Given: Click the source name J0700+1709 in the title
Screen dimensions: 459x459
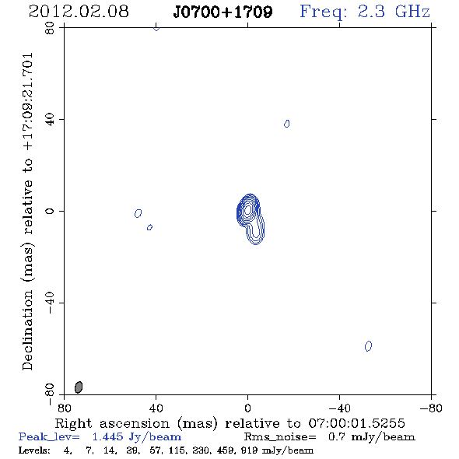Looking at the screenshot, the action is pyautogui.click(x=222, y=12).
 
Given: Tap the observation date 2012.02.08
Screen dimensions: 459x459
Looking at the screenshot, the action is pyautogui.click(x=79, y=12).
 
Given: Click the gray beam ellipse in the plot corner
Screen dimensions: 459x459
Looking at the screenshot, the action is pyautogui.click(x=79, y=387).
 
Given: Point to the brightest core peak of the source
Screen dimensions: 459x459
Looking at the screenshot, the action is pyautogui.click(x=247, y=209).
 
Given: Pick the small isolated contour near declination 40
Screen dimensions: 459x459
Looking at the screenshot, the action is pyautogui.click(x=287, y=124).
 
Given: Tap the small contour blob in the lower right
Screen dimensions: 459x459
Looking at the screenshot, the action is pyautogui.click(x=368, y=346).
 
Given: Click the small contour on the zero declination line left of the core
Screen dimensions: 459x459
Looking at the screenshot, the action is pyautogui.click(x=138, y=213).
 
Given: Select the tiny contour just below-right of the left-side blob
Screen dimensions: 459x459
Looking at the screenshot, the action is pyautogui.click(x=149, y=227).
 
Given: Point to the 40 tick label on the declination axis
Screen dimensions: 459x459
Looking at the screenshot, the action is pyautogui.click(x=50, y=120).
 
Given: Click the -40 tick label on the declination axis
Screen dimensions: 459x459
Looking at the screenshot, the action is pyautogui.click(x=50, y=303).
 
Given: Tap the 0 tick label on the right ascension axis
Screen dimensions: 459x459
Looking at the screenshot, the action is pyautogui.click(x=247, y=408).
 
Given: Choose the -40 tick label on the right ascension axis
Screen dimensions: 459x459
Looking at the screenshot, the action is pyautogui.click(x=339, y=408).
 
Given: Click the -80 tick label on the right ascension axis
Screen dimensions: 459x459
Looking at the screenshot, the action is pyautogui.click(x=431, y=408).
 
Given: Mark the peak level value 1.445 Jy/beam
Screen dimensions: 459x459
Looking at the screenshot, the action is pyautogui.click(x=137, y=437).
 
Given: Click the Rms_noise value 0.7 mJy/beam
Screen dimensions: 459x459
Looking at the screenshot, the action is pyautogui.click(x=371, y=437).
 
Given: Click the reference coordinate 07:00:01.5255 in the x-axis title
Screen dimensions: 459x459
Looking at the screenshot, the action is pyautogui.click(x=356, y=423).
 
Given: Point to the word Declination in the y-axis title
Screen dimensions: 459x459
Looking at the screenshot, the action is pyautogui.click(x=27, y=330).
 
